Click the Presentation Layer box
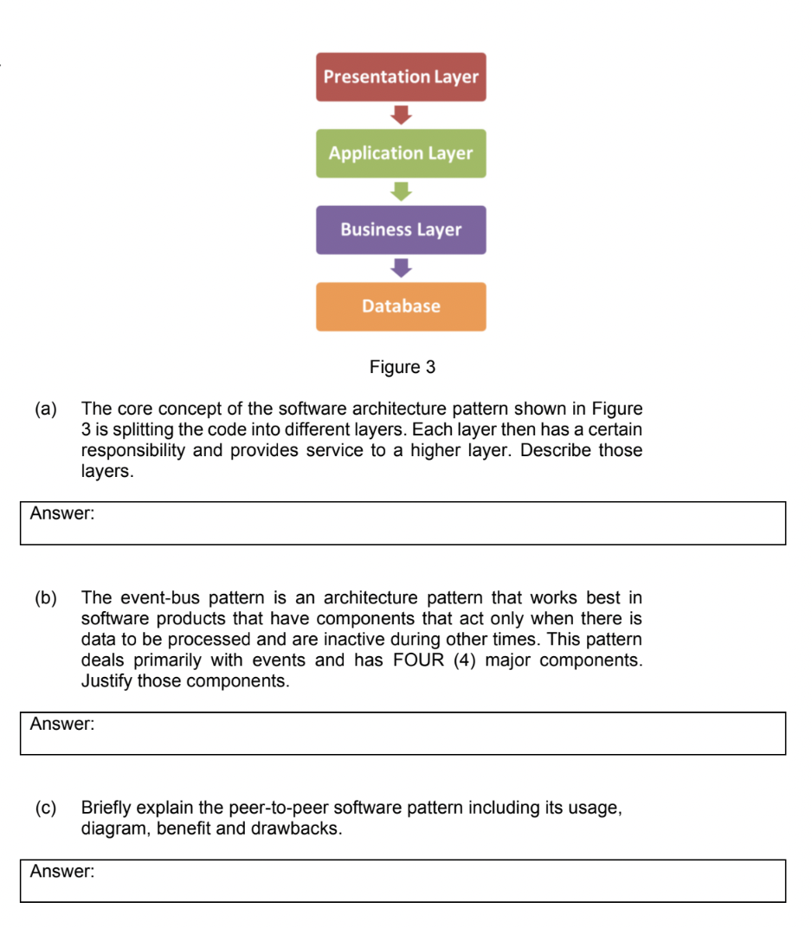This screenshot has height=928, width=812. pyautogui.click(x=401, y=77)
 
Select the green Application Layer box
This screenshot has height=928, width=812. pyautogui.click(x=401, y=153)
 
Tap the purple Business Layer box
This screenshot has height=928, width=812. pyautogui.click(x=401, y=229)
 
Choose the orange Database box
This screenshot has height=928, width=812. pyautogui.click(x=401, y=306)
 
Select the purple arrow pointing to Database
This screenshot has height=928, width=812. pyautogui.click(x=401, y=267)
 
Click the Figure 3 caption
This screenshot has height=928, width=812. pyautogui.click(x=402, y=367)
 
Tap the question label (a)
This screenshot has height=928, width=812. pyautogui.click(x=45, y=409)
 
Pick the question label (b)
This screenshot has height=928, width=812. pyautogui.click(x=45, y=597)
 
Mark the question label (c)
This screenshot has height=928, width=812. pyautogui.click(x=45, y=808)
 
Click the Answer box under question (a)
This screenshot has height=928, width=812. pyautogui.click(x=403, y=523)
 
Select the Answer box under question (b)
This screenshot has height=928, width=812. pyautogui.click(x=403, y=733)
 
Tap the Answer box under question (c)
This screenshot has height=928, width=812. pyautogui.click(x=403, y=880)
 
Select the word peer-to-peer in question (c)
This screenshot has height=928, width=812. pyautogui.click(x=278, y=808)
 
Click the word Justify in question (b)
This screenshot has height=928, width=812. pyautogui.click(x=106, y=681)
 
